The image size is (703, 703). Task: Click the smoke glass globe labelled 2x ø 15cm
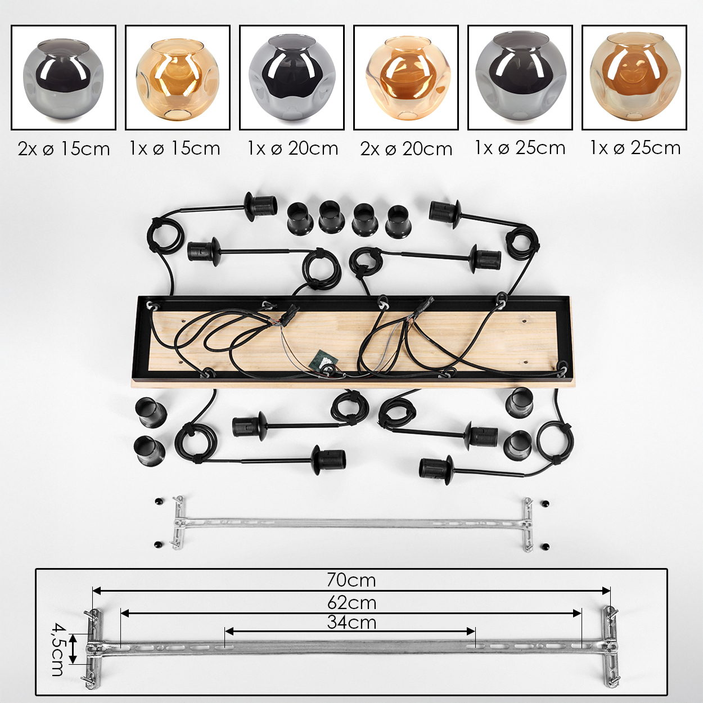pos(63,78)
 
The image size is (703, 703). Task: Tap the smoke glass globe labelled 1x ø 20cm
pos(291,78)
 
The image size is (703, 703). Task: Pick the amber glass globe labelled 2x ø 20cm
pos(406,79)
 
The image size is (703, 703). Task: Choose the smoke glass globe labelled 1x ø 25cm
pos(520,78)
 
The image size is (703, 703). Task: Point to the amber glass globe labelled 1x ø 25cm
pos(635,78)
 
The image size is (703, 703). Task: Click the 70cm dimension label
pos(351,580)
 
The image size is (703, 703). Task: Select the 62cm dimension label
pos(351,603)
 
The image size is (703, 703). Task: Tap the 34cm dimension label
pos(351,623)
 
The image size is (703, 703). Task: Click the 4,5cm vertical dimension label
pos(57,650)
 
